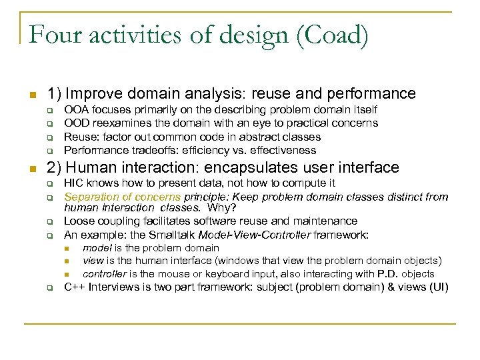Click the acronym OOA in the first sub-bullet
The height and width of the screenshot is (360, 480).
pyautogui.click(x=75, y=109)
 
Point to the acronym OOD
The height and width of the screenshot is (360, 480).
pyautogui.click(x=75, y=123)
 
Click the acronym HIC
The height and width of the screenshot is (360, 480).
pyautogui.click(x=73, y=183)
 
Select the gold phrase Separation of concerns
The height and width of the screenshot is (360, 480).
pyautogui.click(x=122, y=197)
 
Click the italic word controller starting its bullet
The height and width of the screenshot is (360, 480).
pyautogui.click(x=105, y=274)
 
